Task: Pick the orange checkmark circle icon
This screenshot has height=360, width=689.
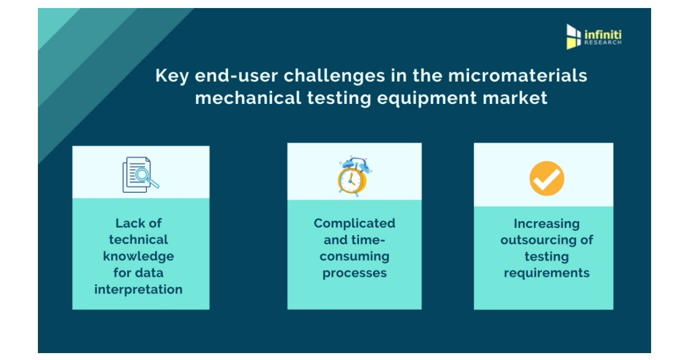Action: (547, 178)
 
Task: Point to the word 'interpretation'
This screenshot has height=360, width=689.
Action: (138, 289)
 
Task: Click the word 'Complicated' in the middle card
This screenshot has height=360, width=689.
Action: (354, 223)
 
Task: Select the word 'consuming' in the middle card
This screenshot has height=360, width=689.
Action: (354, 256)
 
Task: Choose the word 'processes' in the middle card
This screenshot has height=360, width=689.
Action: (354, 273)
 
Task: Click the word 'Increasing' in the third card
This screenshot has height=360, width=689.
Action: (547, 223)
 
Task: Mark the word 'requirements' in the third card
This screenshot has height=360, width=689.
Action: (547, 273)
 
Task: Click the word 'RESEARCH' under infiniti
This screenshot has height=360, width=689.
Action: (603, 43)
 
